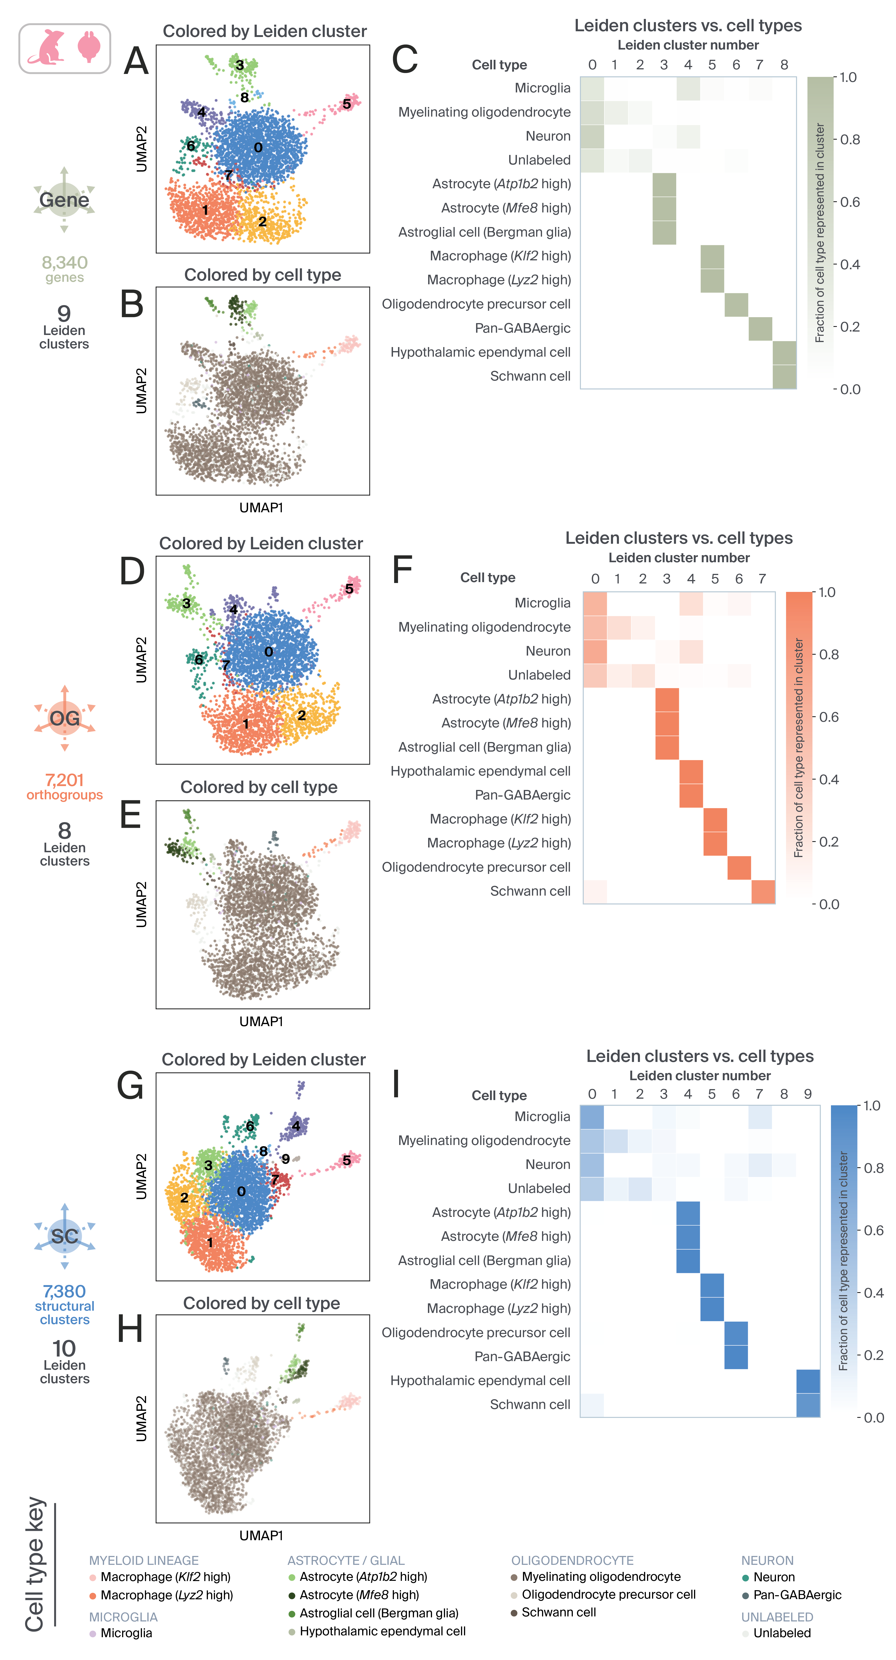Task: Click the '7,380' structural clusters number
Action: (64, 1291)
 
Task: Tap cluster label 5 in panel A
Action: (347, 104)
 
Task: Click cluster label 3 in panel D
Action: (186, 603)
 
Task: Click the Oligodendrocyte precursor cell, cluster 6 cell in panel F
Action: (739, 867)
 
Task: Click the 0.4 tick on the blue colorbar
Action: (873, 1293)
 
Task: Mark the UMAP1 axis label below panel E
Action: (261, 1021)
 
